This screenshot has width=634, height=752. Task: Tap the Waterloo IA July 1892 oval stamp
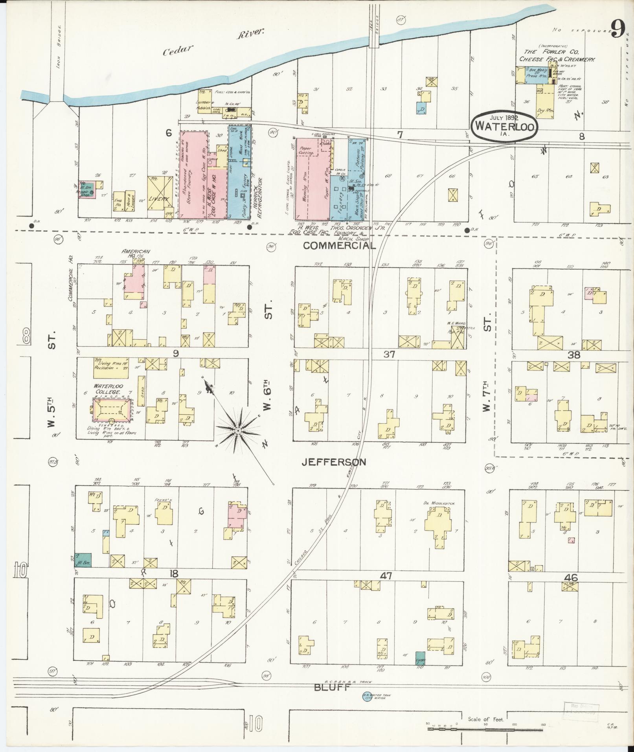click(x=504, y=126)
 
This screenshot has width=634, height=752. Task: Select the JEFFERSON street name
click(x=334, y=462)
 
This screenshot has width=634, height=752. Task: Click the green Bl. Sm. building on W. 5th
click(x=83, y=559)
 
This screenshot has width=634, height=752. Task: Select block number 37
click(x=389, y=355)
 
